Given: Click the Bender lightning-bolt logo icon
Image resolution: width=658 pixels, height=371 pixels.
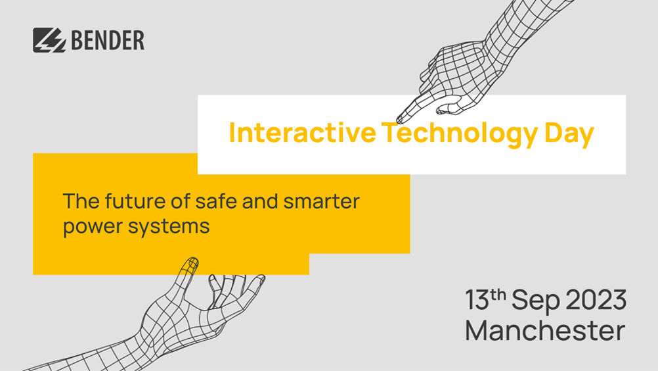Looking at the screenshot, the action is click(49, 40).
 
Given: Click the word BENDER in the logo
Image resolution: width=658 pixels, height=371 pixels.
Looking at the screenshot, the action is click(108, 40).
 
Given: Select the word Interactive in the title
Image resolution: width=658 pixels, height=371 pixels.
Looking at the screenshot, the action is click(302, 132).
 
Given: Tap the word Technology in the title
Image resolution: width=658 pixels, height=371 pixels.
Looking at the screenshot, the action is click(460, 134).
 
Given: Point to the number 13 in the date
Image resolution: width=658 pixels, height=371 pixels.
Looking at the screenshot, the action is click(477, 300).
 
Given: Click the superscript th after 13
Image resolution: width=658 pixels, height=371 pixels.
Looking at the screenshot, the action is click(498, 295).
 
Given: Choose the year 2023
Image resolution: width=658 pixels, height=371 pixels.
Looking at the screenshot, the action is click(596, 300).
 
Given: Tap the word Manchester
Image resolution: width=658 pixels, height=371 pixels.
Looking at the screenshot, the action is click(545, 331).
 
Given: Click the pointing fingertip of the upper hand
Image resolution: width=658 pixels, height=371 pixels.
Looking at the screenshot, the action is click(399, 120).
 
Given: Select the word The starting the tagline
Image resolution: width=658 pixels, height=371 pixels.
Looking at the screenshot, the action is click(81, 201).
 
